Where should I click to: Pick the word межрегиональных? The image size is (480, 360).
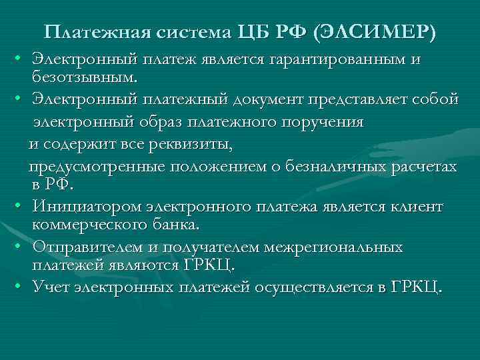[x=333, y=247]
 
